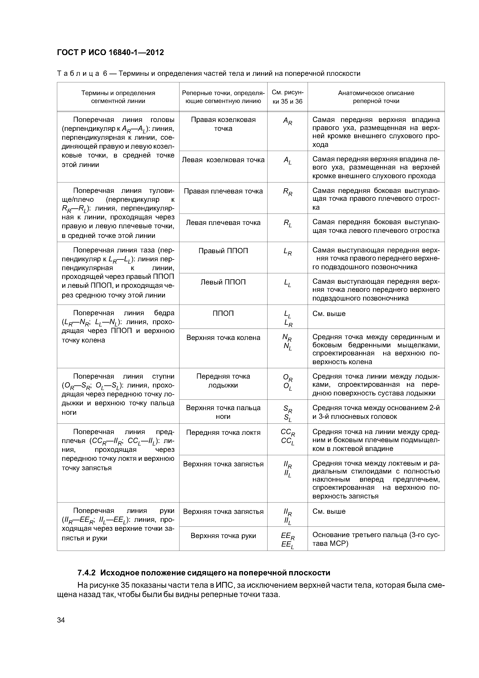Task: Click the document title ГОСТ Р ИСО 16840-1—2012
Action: point(110,53)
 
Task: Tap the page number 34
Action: point(61,620)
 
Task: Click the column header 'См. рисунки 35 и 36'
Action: point(287,97)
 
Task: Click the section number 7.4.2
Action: point(87,573)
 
